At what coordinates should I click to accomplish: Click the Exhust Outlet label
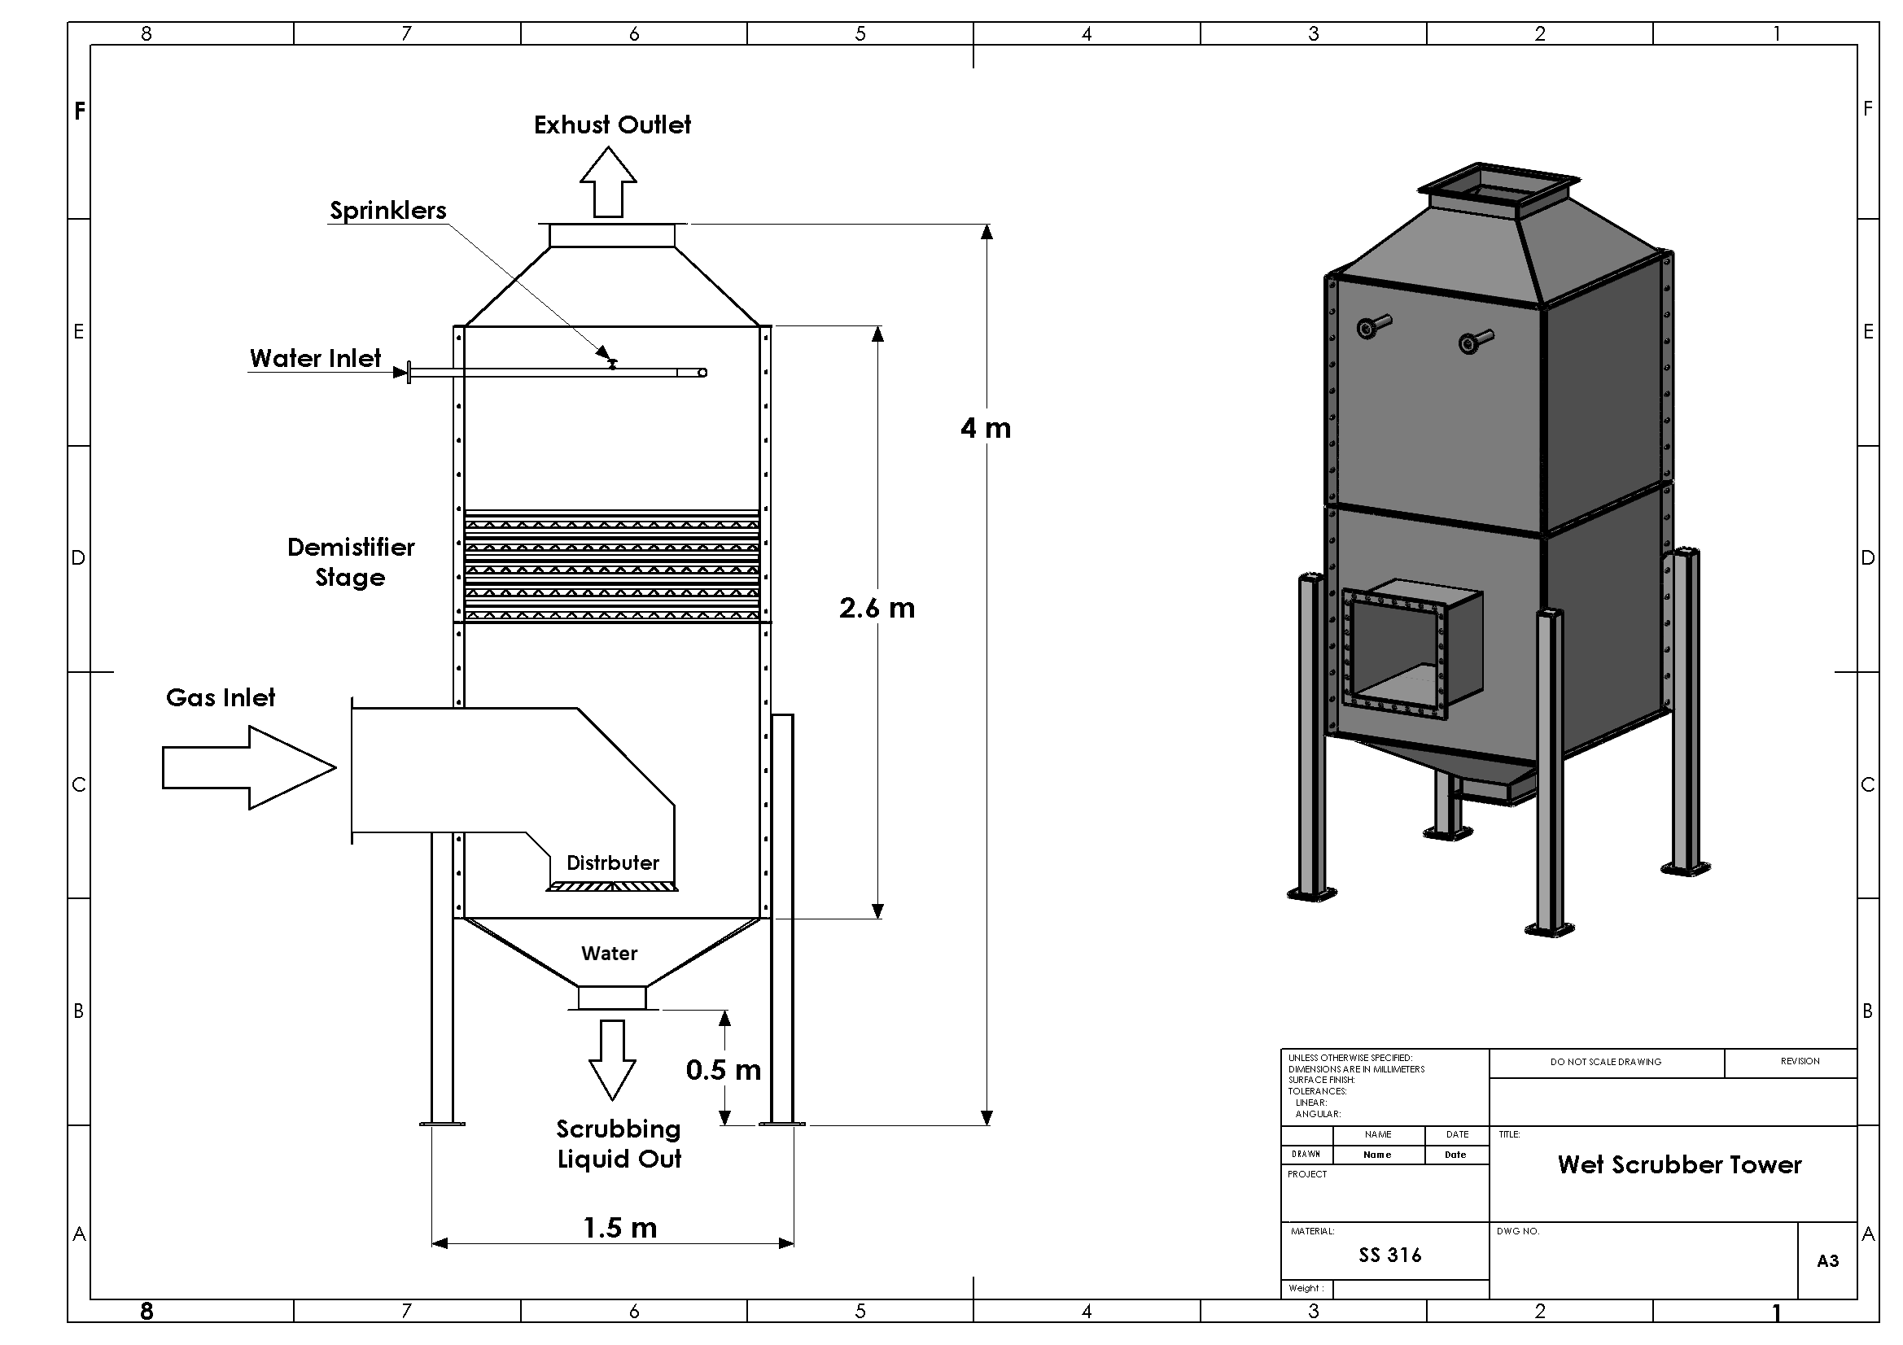[612, 125]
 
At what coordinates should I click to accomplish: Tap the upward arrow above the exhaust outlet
[607, 181]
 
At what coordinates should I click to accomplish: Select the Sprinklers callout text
[388, 211]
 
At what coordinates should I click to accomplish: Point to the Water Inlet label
[315, 358]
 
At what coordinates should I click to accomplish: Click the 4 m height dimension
[986, 429]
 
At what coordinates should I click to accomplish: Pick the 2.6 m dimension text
[876, 609]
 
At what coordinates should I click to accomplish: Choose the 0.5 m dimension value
[723, 1070]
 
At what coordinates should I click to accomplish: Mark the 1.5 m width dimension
[620, 1227]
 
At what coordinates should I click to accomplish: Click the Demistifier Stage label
[351, 562]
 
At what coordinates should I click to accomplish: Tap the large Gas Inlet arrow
[248, 767]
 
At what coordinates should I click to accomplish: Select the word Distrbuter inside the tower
[613, 862]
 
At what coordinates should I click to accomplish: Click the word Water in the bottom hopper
[609, 953]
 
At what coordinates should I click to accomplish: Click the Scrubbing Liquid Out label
[619, 1144]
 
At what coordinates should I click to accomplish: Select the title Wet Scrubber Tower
[1679, 1164]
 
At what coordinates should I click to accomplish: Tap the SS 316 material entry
[1389, 1255]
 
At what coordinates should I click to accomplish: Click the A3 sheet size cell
[1827, 1260]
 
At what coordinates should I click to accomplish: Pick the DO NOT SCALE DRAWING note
[1605, 1062]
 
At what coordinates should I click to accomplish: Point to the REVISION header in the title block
[1800, 1061]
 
